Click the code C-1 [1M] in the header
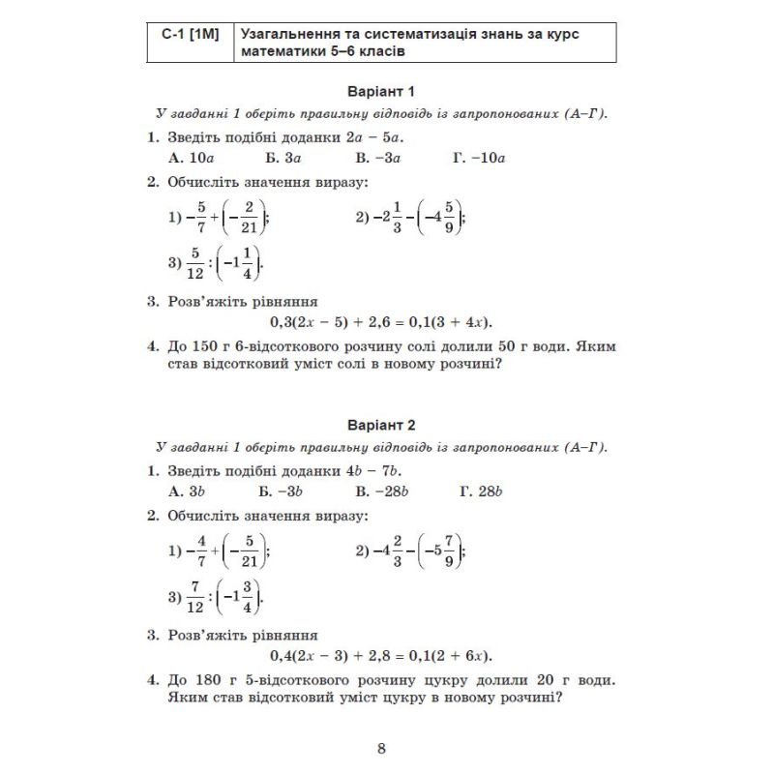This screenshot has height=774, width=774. [x=191, y=35]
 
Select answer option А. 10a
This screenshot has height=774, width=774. [x=190, y=157]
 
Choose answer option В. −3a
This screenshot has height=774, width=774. [x=377, y=157]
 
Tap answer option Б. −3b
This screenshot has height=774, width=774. [x=283, y=491]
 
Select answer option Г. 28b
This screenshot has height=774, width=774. [x=483, y=491]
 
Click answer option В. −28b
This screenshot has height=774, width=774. [x=381, y=491]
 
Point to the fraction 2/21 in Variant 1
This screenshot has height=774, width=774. [x=249, y=218]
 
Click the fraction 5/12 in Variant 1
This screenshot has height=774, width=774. [x=195, y=262]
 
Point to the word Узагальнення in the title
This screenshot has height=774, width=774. [x=295, y=35]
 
